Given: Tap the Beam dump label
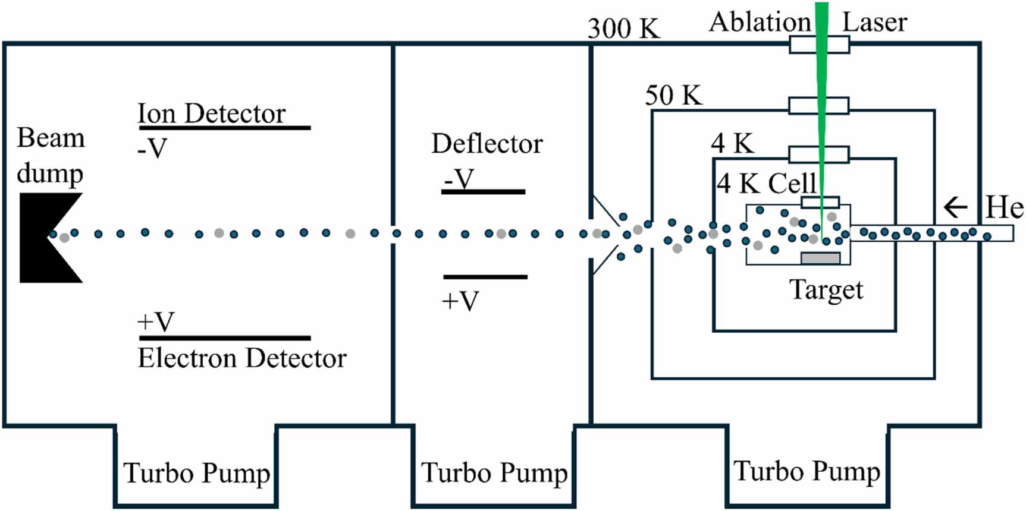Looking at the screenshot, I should coord(51,156).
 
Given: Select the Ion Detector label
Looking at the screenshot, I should coord(211,113).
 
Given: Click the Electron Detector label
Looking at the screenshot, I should coord(242,358).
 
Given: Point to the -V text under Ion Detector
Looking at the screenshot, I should coord(152,149).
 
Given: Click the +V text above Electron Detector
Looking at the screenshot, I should coord(155,322).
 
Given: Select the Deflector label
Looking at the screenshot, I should coord(487,144).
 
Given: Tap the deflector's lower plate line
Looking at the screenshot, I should coord(485,277).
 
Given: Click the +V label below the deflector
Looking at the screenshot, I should coord(460,301).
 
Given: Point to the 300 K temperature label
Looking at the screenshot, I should coord(623,28).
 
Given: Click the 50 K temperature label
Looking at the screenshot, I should coord(673,95).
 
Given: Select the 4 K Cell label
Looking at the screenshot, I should coord(766,184).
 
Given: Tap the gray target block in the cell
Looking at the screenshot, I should coord(820,258).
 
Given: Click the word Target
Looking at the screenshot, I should coord(826,290).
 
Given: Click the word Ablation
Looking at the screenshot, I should coord(760,23).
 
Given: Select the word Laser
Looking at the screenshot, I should coord(874,23).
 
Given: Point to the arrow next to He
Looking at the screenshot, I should coord(955,208).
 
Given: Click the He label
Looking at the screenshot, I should coord(1004,208).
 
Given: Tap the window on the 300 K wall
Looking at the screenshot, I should coord(819,45).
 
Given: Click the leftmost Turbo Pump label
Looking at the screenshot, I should coord(196,474).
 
